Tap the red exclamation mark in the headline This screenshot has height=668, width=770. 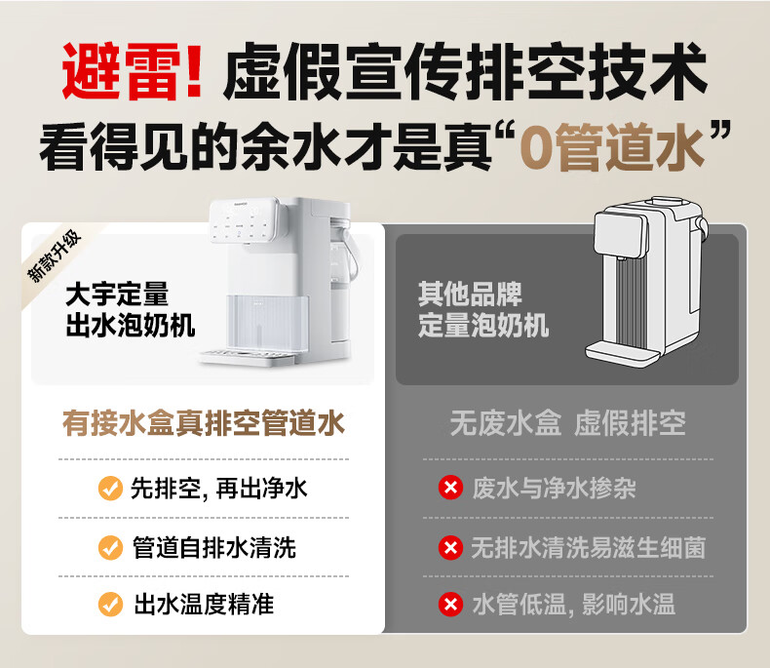click(x=195, y=70)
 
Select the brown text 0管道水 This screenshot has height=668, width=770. click(x=611, y=147)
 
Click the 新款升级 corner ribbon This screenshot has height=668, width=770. click(x=54, y=255)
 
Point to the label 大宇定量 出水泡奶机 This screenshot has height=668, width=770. click(x=131, y=309)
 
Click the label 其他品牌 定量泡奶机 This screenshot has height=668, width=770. click(x=483, y=309)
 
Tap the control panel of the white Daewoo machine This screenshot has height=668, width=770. click(x=244, y=220)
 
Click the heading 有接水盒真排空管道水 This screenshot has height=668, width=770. click(x=204, y=423)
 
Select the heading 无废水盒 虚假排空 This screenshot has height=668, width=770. click(x=568, y=423)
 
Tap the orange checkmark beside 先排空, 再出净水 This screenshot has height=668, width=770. click(x=110, y=489)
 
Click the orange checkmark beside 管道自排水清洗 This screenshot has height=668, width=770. click(x=110, y=547)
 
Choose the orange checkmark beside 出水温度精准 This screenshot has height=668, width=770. click(x=110, y=605)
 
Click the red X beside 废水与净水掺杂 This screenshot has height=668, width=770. click(x=451, y=488)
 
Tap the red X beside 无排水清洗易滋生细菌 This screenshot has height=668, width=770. click(x=451, y=547)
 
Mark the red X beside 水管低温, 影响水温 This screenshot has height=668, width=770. click(x=451, y=605)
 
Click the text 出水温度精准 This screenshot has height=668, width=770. click(x=204, y=605)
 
